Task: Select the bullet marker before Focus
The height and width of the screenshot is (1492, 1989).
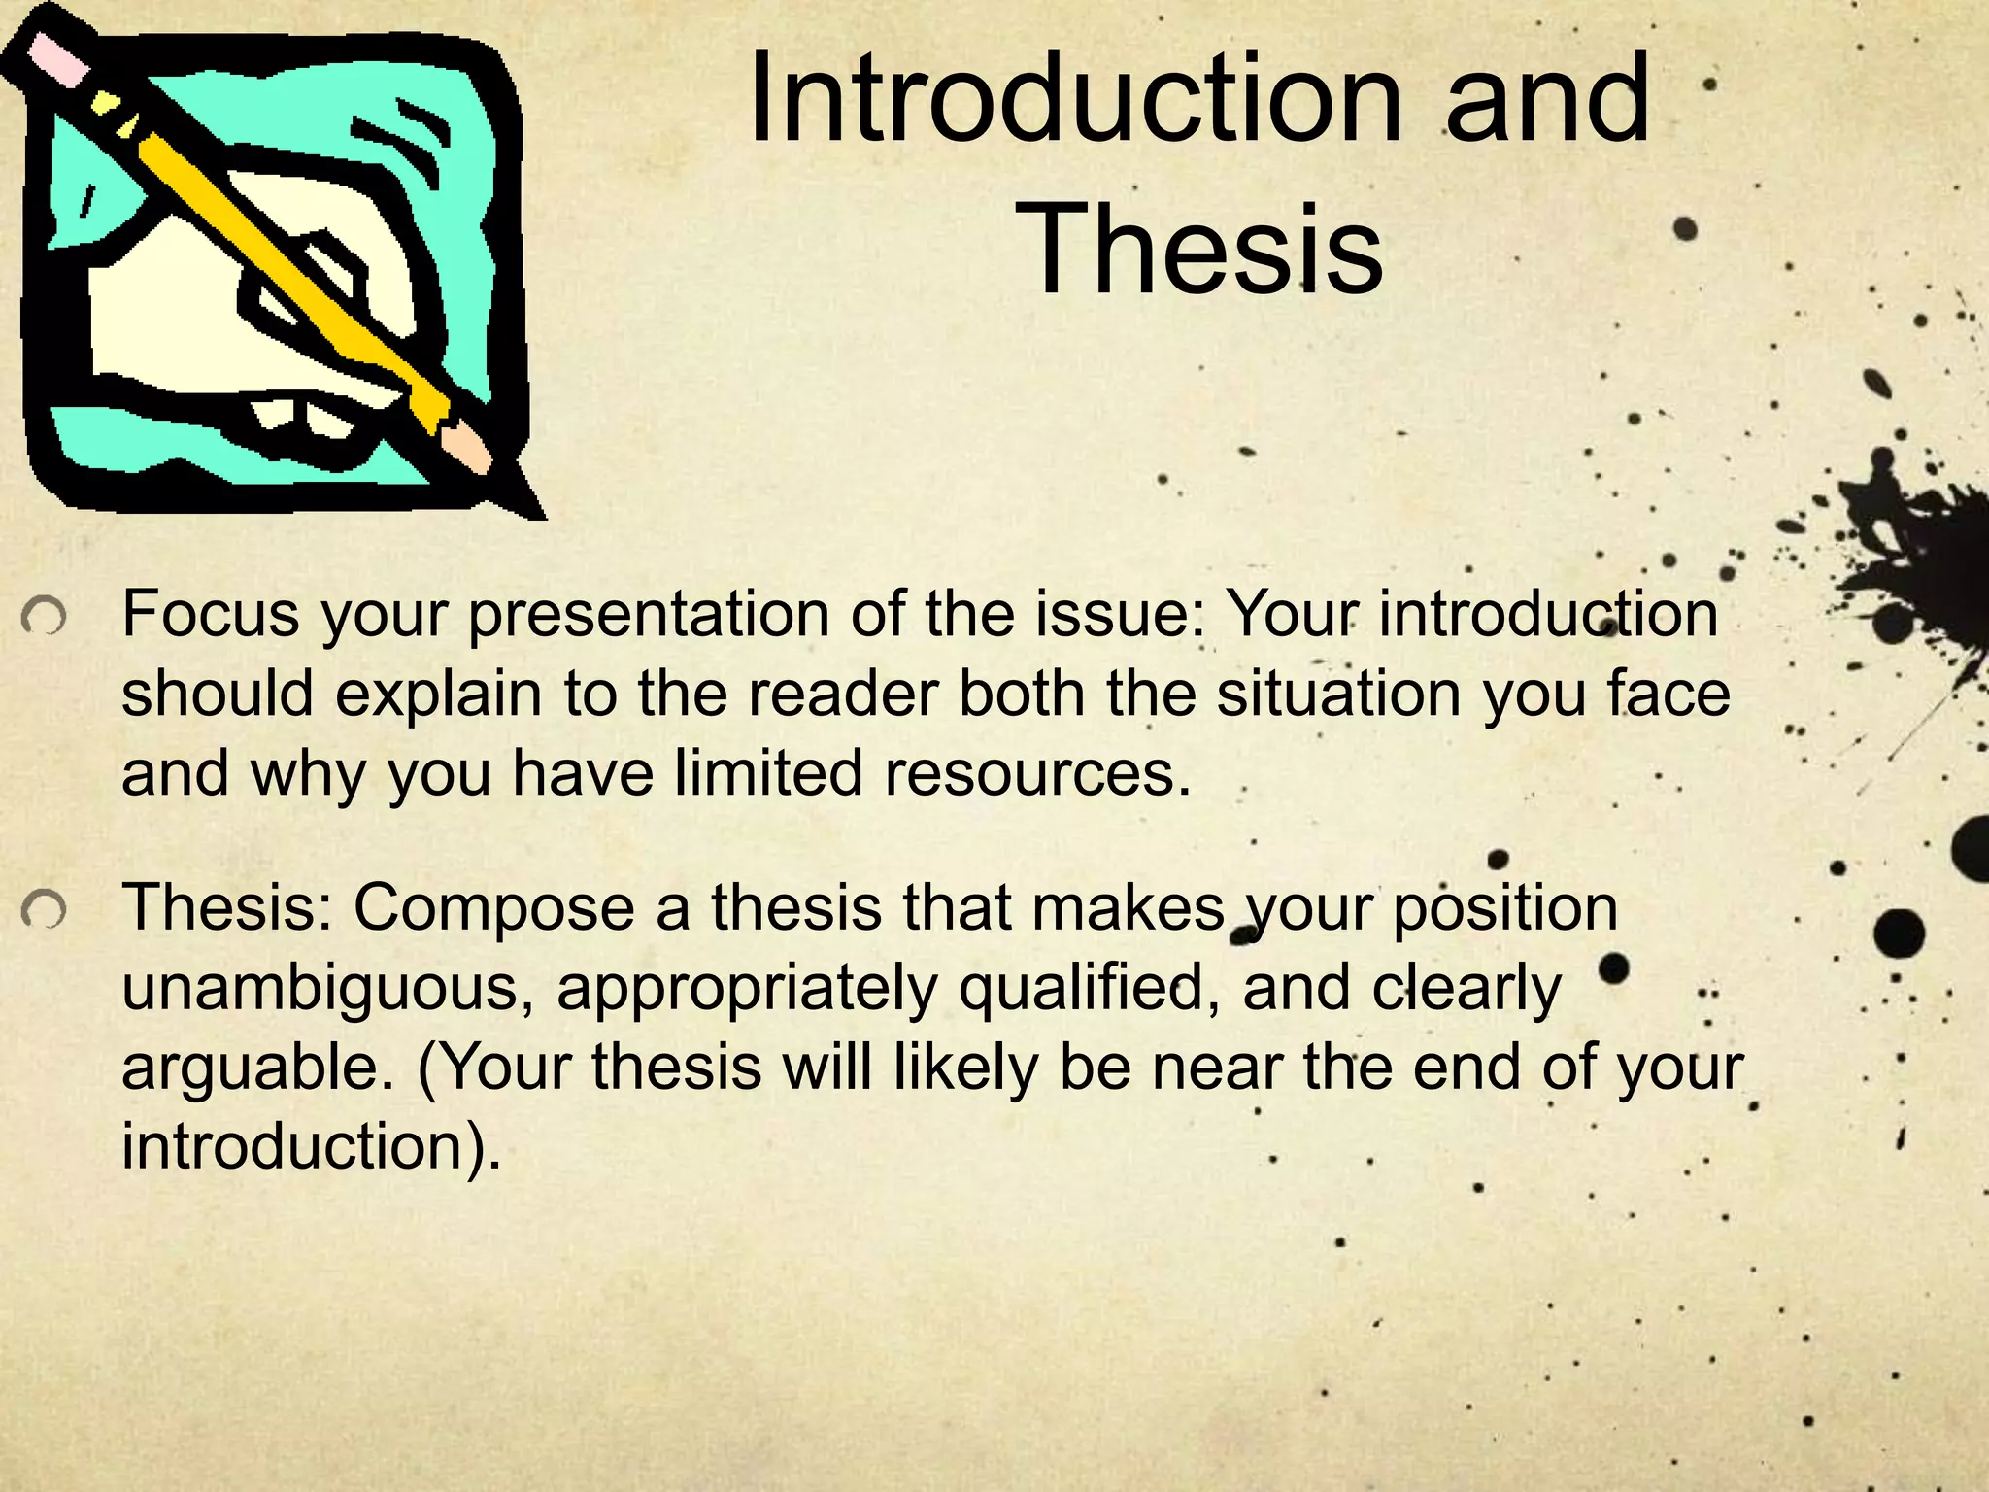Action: pyautogui.click(x=44, y=616)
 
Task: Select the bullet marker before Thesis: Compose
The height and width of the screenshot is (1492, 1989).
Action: pyautogui.click(x=44, y=910)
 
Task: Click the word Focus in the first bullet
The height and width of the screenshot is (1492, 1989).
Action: pyautogui.click(x=210, y=614)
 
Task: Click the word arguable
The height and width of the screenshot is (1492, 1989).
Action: pyautogui.click(x=258, y=1068)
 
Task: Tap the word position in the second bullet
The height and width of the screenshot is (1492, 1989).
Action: pyautogui.click(x=1505, y=909)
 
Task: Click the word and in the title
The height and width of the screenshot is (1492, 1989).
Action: pyautogui.click(x=1548, y=100)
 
